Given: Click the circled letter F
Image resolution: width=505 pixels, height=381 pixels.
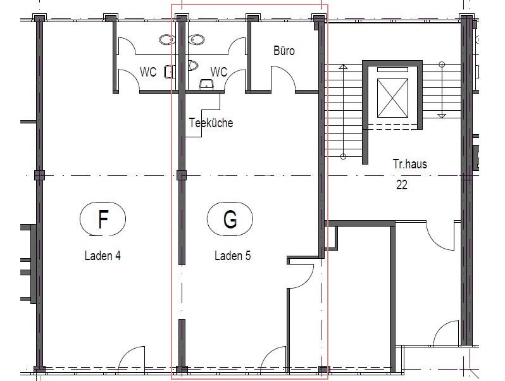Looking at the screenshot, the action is pyautogui.click(x=103, y=219).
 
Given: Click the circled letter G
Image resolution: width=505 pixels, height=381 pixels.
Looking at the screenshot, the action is pyautogui.click(x=230, y=219).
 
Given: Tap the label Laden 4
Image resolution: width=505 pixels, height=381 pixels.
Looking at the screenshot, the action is pyautogui.click(x=103, y=256).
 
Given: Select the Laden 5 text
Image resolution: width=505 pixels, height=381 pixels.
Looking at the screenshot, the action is pyautogui.click(x=232, y=256).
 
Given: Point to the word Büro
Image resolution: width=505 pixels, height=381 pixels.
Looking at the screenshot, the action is pyautogui.click(x=284, y=51).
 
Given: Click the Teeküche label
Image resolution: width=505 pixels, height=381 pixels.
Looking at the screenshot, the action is pyautogui.click(x=211, y=123).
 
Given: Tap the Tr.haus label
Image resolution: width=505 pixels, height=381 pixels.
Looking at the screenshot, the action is pyautogui.click(x=409, y=164).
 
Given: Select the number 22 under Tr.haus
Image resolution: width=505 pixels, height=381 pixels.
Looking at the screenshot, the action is pyautogui.click(x=402, y=185).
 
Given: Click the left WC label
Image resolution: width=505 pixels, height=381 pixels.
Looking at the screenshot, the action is pyautogui.click(x=148, y=72).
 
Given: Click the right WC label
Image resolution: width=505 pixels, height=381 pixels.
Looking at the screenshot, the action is pyautogui.click(x=219, y=72).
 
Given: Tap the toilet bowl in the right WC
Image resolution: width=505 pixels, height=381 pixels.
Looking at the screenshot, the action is pyautogui.click(x=193, y=66).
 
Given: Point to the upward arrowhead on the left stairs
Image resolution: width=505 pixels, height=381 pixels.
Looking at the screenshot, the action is pyautogui.click(x=343, y=67).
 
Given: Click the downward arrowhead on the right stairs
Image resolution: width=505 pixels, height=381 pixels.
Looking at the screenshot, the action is pyautogui.click(x=442, y=116).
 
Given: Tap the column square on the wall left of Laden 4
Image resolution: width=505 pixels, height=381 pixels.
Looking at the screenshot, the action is pyautogui.click(x=39, y=175).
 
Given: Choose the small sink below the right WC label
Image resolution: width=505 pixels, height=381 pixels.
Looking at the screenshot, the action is pyautogui.click(x=206, y=84).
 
